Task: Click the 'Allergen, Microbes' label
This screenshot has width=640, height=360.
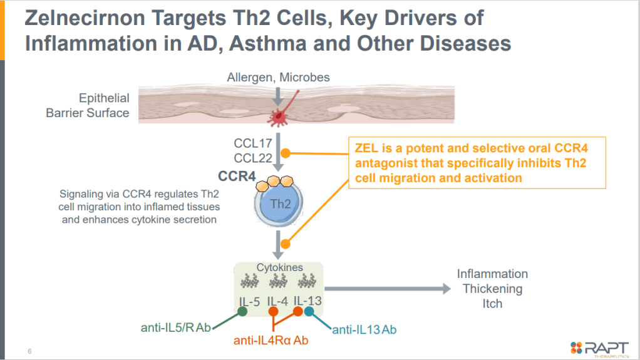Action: [x=278, y=78]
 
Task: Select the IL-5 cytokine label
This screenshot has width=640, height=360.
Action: [x=249, y=302]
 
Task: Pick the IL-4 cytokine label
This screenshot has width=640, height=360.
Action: [x=277, y=302]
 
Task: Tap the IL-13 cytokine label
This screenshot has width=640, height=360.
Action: [x=307, y=301]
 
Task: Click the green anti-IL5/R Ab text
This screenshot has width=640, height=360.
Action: [x=177, y=327]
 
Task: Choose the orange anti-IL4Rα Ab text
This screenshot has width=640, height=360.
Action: [x=271, y=341]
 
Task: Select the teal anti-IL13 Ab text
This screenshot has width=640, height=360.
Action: [x=364, y=329]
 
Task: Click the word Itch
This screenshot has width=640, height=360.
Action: [x=492, y=304]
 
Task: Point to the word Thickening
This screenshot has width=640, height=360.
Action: [x=492, y=289]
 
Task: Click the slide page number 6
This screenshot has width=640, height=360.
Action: [x=29, y=351]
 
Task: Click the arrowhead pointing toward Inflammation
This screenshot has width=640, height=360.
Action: [x=445, y=289]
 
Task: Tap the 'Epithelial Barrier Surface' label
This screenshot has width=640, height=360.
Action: [x=88, y=106]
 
